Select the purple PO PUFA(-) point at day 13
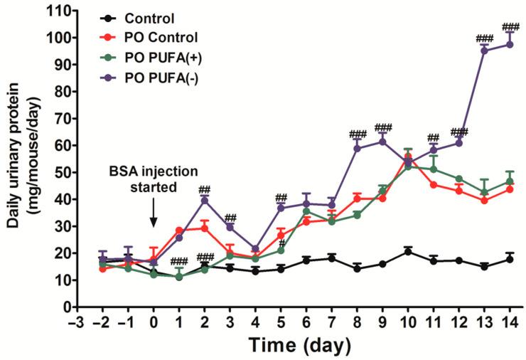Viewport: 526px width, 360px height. pyautogui.click(x=484, y=51)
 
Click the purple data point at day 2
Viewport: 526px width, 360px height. pyautogui.click(x=205, y=200)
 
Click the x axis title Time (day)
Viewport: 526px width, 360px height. pyautogui.click(x=299, y=346)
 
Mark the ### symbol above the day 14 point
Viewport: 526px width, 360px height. pyautogui.click(x=510, y=27)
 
